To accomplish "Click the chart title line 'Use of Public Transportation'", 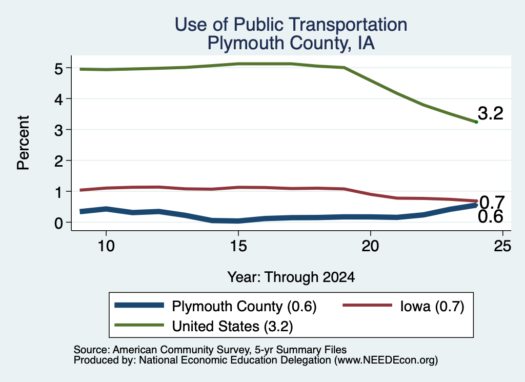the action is coord(291,25).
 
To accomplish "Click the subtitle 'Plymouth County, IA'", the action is coord(291,43).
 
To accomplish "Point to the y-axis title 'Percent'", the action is coord(23,143).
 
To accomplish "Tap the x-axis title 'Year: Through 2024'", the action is coord(291,277).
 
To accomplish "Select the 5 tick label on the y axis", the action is coord(58,69).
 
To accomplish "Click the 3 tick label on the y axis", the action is coord(58,130).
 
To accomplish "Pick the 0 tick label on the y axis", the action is coord(58,223).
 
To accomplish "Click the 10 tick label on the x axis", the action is coord(106,246).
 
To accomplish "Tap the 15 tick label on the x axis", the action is coord(238,246).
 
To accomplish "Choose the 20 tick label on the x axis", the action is coord(370,246).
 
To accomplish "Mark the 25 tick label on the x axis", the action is coord(502,246).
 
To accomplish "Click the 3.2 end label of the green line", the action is coord(491,113).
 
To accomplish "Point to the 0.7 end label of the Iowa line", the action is coord(492,202).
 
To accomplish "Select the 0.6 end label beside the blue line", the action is coord(491,216).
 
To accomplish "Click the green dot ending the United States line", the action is coord(476,122).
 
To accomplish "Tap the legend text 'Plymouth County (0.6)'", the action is coord(244,306).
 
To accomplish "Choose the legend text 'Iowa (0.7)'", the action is coord(432,306).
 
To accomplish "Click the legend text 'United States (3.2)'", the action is coord(232,327).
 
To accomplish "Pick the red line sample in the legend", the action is coord(367,305).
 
